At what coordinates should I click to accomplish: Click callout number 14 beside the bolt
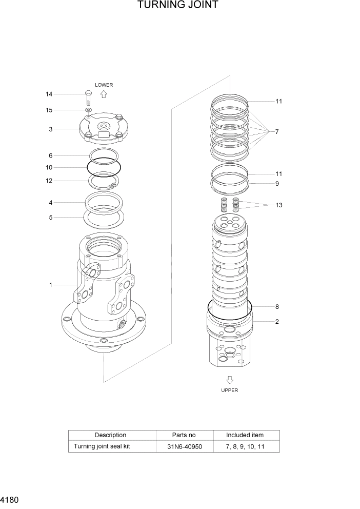pos(49,94)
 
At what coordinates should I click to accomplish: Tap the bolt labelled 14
pos(88,97)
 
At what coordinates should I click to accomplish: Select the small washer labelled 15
pos(88,110)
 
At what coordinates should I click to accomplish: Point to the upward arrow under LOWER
pos(103,94)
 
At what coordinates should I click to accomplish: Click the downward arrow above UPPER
pos(230,380)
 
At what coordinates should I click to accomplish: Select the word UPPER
pos(230,390)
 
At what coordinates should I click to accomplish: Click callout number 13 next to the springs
pos(278,205)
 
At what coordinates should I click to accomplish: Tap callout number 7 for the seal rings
pos(276,132)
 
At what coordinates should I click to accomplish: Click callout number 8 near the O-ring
pos(277,307)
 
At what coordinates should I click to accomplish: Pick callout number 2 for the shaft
pos(277,322)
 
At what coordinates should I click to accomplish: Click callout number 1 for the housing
pos(50,285)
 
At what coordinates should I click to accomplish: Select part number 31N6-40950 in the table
pos(185,446)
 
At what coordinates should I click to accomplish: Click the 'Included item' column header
pos(245,435)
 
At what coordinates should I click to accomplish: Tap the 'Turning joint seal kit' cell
pos(102,446)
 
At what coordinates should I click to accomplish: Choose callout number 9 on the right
pos(277,183)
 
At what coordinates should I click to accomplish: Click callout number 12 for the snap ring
pos(49,181)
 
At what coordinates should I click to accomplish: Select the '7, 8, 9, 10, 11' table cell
pos(245,446)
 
